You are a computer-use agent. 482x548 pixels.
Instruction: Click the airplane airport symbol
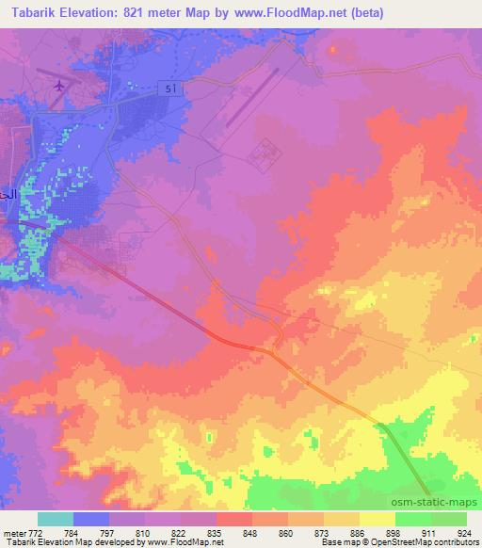(x=61, y=86)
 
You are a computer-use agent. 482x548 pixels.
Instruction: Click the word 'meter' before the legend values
(x=14, y=532)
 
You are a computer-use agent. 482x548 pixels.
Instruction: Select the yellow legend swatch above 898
(x=378, y=519)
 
